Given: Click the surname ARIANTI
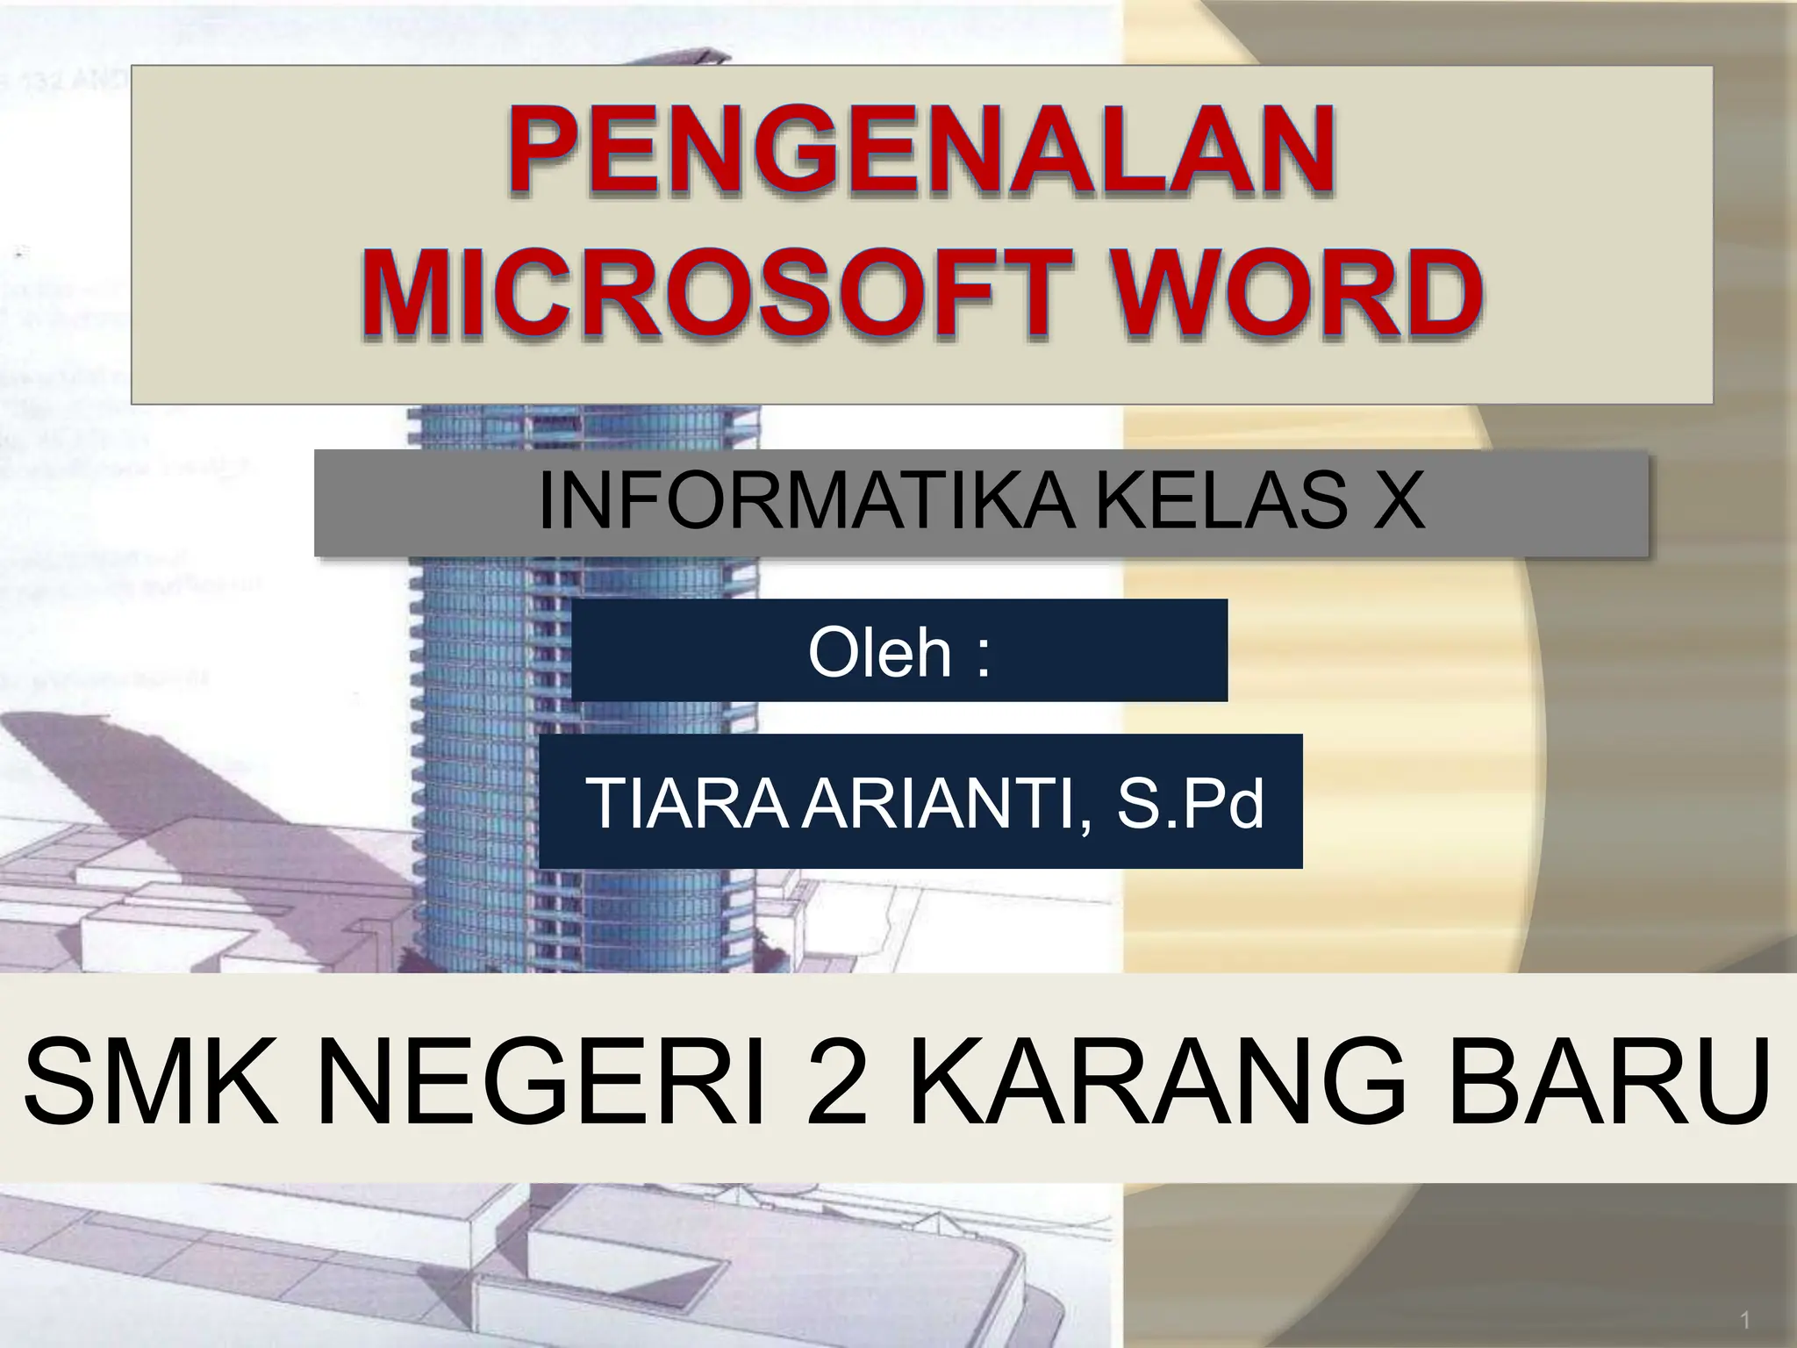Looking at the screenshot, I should point(939,802).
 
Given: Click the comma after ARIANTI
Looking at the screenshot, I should point(1090,825).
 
